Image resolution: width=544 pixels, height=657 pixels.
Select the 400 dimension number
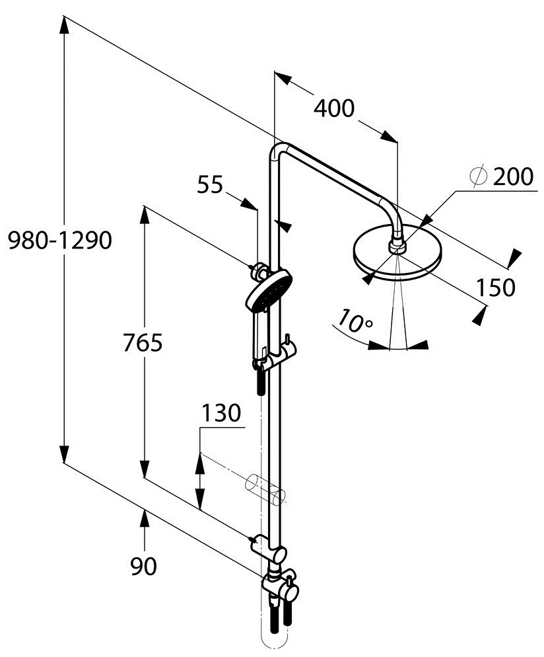point(333,108)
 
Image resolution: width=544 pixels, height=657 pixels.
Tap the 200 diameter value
point(513,177)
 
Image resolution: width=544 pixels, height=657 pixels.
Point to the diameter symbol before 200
point(478,176)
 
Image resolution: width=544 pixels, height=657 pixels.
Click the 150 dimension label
point(495,288)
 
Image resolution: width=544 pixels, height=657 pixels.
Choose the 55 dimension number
point(211,185)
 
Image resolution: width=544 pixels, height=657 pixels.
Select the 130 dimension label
point(221,414)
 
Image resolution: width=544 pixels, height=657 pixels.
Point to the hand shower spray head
point(266,291)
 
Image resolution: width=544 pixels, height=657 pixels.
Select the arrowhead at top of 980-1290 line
point(63,25)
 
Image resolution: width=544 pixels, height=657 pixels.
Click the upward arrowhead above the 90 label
point(144,518)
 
